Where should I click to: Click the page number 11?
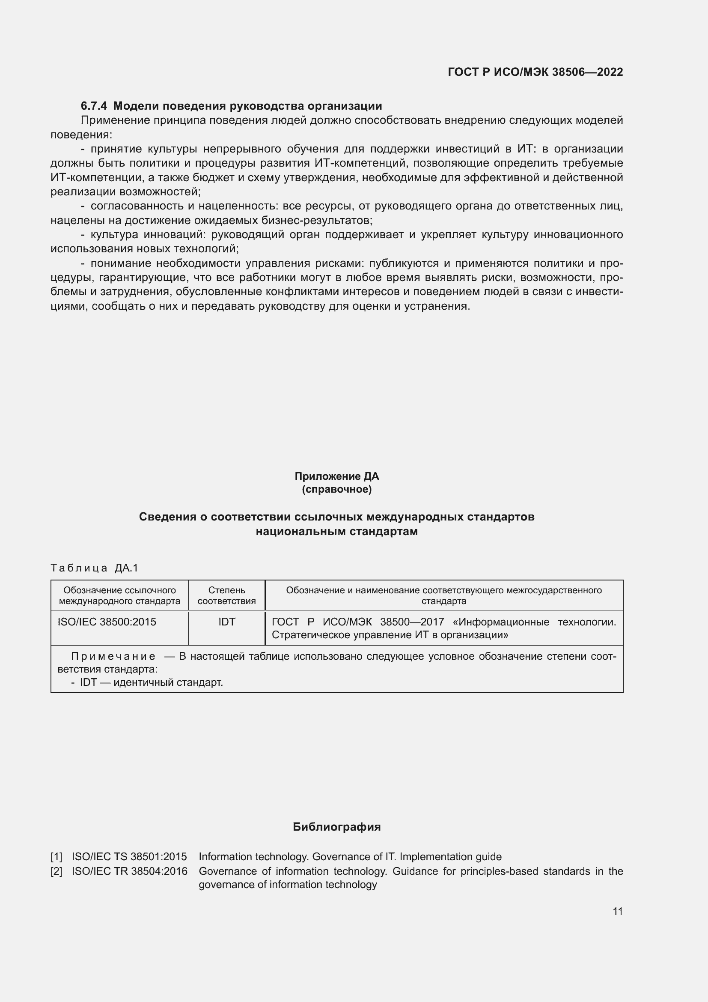[617, 911]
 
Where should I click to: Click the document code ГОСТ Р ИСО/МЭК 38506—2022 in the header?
[535, 72]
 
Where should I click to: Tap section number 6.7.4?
[94, 106]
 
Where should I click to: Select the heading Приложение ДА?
[336, 476]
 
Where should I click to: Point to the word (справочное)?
[336, 489]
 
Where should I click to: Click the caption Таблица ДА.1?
[94, 568]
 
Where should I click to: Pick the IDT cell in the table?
[227, 622]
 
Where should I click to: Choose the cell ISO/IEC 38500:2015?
[107, 622]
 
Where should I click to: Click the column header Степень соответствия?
[227, 595]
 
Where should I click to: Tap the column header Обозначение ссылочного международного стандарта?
[119, 595]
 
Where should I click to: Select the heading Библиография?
[336, 826]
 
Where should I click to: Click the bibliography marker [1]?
[56, 857]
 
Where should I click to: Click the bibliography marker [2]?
[56, 871]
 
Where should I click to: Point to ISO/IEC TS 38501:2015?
[129, 857]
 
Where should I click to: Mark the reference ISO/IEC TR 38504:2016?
[129, 871]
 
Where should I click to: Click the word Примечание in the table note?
[113, 656]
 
